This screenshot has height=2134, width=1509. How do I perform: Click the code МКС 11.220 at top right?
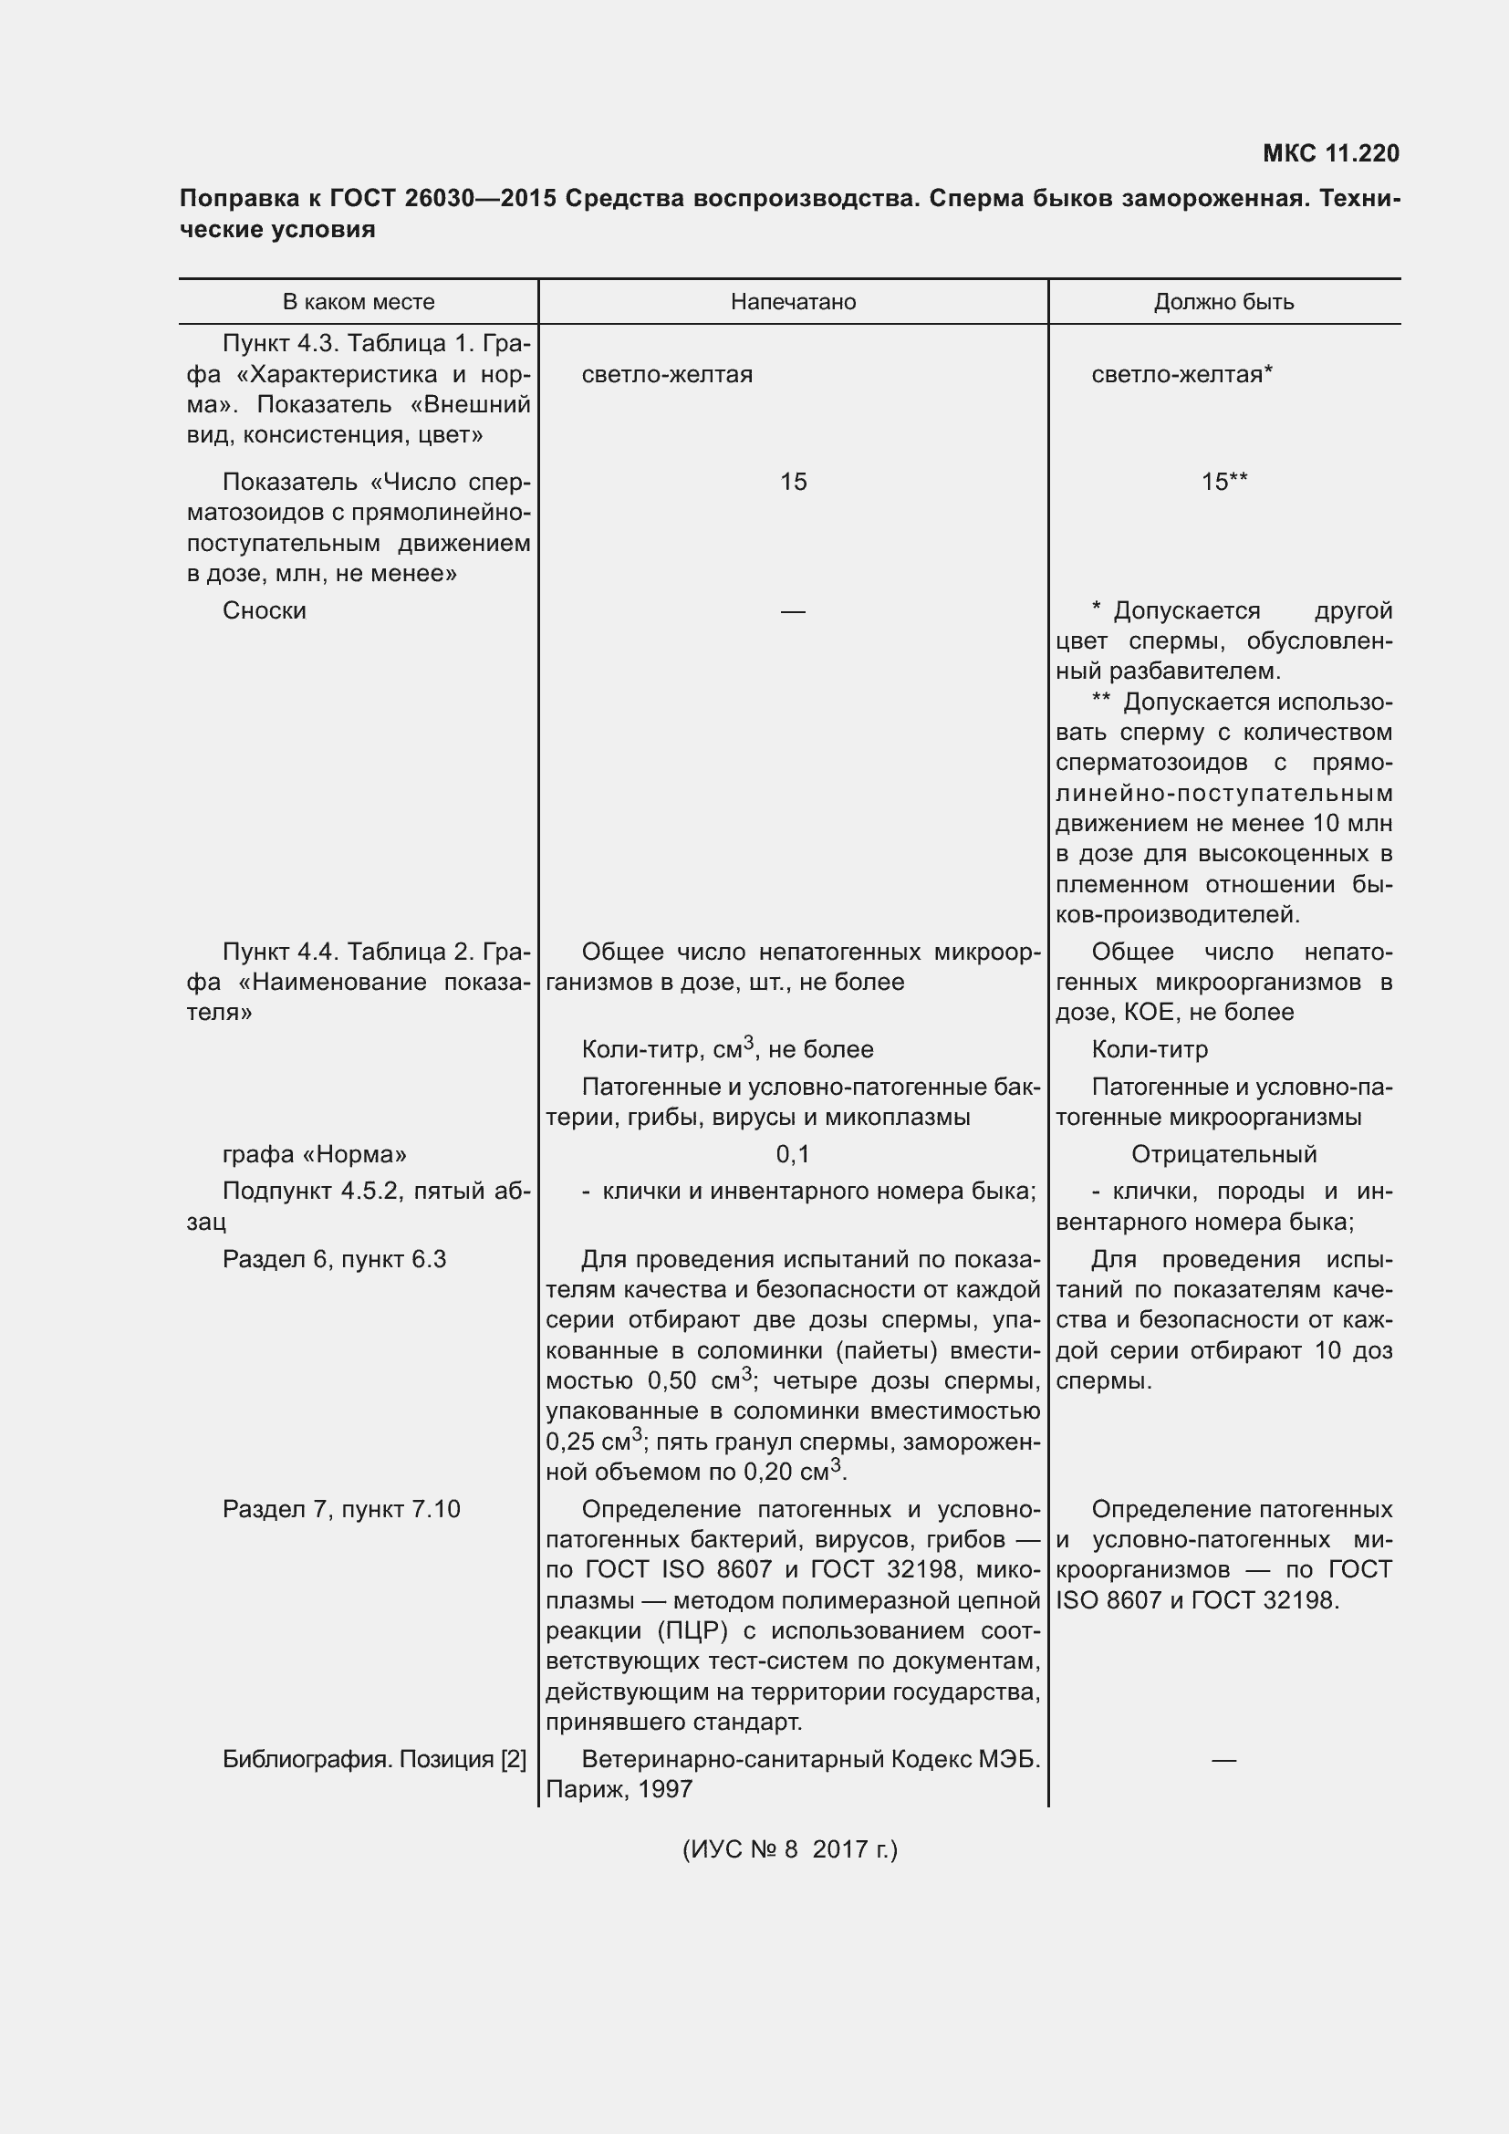point(1329,153)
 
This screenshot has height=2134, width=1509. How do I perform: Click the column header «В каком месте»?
point(358,302)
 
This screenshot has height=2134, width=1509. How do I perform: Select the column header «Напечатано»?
point(793,302)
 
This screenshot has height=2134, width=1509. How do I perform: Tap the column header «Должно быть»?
point(1223,302)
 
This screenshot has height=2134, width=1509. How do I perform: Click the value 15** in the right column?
point(1223,482)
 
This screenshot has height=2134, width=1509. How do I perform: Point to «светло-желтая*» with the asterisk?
point(1181,375)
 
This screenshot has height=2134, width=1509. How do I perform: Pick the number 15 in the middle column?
point(793,482)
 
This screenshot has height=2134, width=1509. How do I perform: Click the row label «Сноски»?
point(264,610)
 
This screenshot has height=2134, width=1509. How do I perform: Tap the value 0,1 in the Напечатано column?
point(793,1154)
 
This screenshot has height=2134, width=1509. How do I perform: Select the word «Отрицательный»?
point(1223,1154)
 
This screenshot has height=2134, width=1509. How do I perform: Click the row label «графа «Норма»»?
point(314,1154)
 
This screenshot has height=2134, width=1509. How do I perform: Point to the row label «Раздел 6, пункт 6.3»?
point(334,1259)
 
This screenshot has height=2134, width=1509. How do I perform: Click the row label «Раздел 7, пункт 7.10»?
point(341,1508)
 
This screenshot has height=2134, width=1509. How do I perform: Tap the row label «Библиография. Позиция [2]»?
point(373,1758)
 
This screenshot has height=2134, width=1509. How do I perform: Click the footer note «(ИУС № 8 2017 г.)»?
point(790,1848)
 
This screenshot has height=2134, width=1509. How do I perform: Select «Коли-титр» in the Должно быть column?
point(1149,1049)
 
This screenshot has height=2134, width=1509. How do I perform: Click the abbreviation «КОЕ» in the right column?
point(1149,1012)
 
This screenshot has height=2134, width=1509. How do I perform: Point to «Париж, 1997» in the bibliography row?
point(619,1789)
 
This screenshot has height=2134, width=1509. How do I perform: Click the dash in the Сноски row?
point(793,611)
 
